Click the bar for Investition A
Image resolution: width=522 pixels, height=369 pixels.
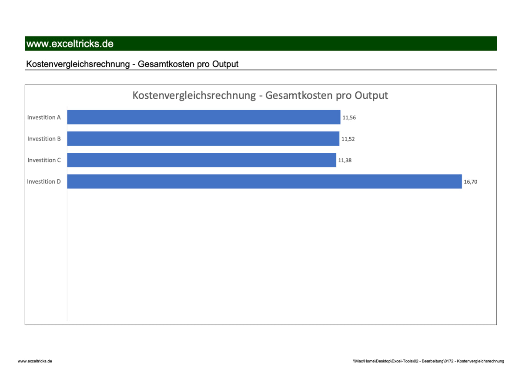click(x=204, y=117)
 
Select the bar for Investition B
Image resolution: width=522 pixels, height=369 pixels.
click(x=203, y=139)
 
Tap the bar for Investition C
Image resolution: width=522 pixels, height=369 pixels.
click(x=201, y=160)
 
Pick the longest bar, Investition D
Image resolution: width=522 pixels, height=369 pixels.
click(x=264, y=181)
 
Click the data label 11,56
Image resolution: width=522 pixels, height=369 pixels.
click(x=349, y=117)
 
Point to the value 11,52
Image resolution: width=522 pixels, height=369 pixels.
click(x=348, y=139)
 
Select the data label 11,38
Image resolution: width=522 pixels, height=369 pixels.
click(x=345, y=160)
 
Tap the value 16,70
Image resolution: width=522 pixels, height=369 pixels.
click(x=470, y=181)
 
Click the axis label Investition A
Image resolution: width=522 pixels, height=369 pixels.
click(x=44, y=117)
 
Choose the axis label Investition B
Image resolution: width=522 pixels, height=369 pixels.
click(x=44, y=139)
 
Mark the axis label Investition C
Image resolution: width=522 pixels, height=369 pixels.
click(x=44, y=160)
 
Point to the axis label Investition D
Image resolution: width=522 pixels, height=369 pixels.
click(x=44, y=181)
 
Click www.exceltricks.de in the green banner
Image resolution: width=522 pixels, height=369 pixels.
click(x=70, y=44)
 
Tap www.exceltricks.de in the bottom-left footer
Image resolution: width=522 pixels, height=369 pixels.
click(x=35, y=361)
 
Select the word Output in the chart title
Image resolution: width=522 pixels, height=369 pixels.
click(x=371, y=95)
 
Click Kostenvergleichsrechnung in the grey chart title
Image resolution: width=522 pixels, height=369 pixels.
click(x=194, y=95)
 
